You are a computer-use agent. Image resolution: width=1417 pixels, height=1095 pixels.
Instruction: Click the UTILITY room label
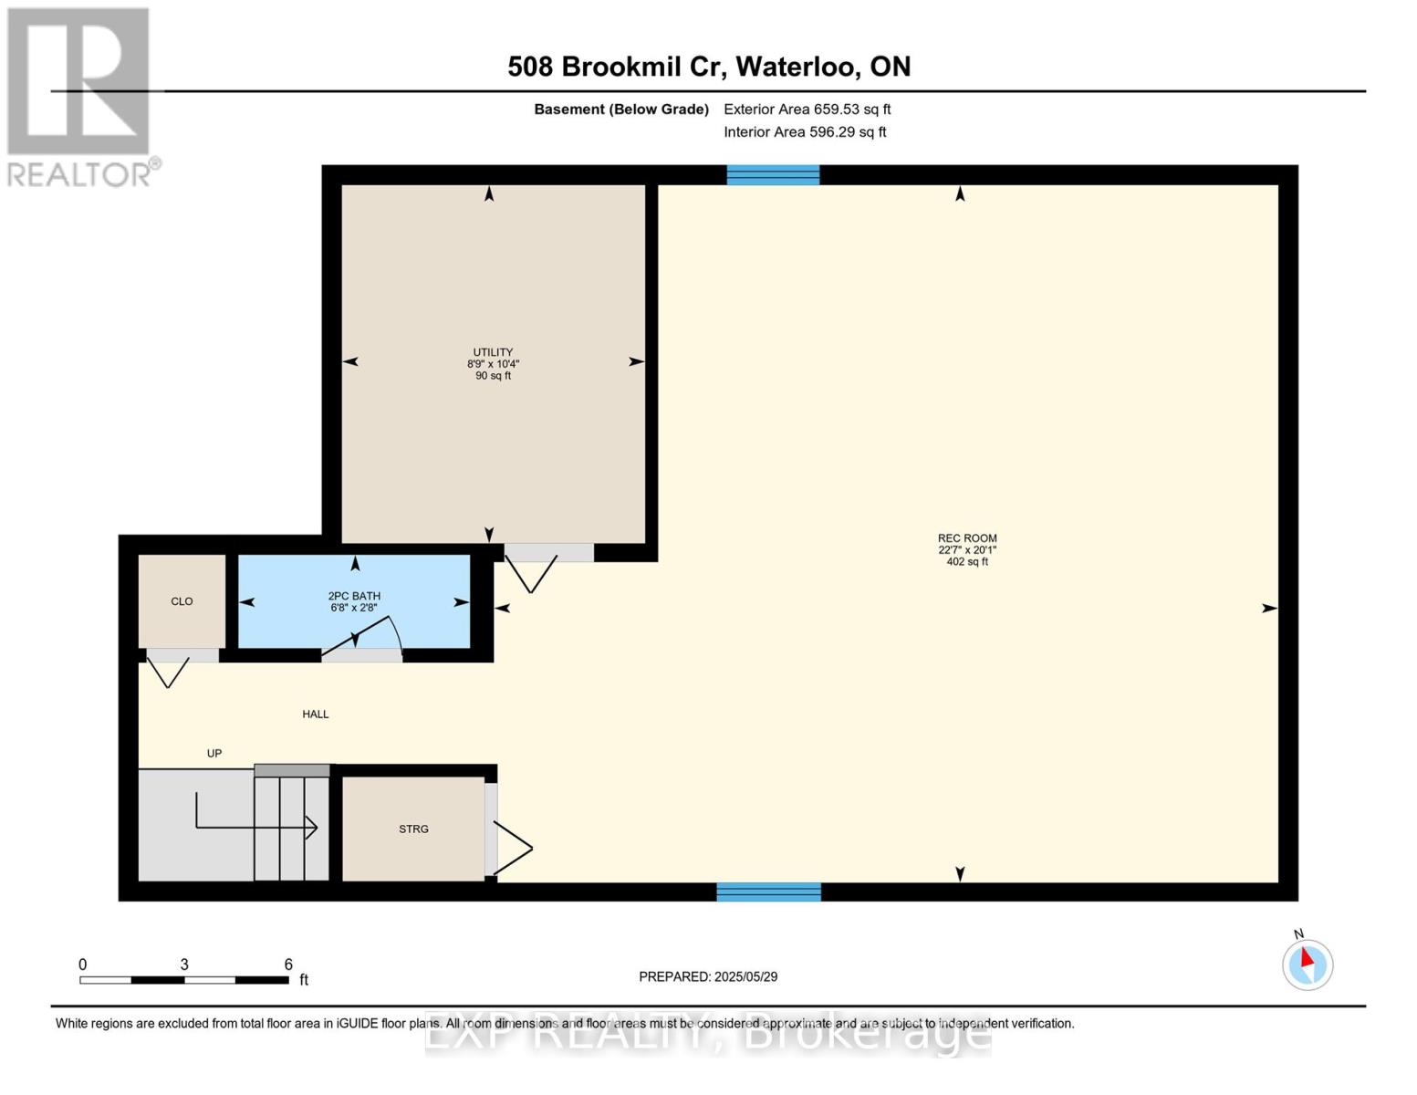(x=493, y=352)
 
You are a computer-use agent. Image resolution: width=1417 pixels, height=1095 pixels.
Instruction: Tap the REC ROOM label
(x=967, y=538)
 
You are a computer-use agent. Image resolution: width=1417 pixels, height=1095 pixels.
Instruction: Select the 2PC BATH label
(x=354, y=596)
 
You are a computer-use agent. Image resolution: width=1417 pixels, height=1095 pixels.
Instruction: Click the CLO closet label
(x=182, y=601)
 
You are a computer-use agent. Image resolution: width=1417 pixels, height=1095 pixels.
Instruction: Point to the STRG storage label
(x=413, y=829)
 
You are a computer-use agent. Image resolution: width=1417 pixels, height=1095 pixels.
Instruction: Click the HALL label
(x=316, y=714)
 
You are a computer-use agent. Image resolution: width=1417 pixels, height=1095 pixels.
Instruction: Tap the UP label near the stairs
(x=214, y=753)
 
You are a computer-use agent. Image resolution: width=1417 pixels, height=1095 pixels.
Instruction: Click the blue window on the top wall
(x=773, y=175)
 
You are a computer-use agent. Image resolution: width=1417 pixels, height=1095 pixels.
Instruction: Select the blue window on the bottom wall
(x=768, y=892)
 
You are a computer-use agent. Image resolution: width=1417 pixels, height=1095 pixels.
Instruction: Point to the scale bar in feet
(x=184, y=980)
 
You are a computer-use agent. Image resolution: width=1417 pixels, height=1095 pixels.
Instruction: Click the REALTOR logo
(x=80, y=97)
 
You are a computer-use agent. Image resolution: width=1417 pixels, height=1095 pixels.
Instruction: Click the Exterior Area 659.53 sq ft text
(x=807, y=109)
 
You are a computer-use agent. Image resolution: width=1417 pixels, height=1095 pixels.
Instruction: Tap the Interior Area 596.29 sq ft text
(x=805, y=131)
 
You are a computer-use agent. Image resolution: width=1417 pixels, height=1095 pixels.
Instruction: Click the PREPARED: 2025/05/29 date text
(x=708, y=976)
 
